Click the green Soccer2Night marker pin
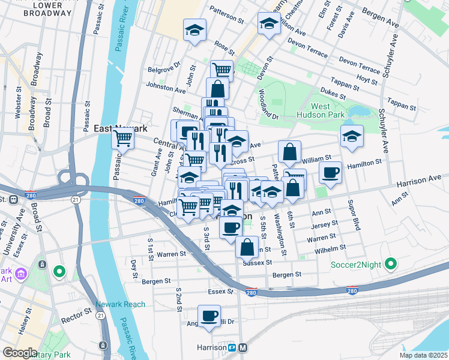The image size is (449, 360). [x=391, y=263]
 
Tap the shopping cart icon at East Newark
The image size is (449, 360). [x=123, y=139]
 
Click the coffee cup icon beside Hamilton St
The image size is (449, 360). [x=330, y=173]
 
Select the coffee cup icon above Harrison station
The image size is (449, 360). [x=209, y=316]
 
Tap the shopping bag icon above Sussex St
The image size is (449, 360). [x=247, y=246]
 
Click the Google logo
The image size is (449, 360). [x=20, y=353]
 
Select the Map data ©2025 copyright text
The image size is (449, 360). [x=423, y=355]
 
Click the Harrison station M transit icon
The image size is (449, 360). [x=243, y=347]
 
